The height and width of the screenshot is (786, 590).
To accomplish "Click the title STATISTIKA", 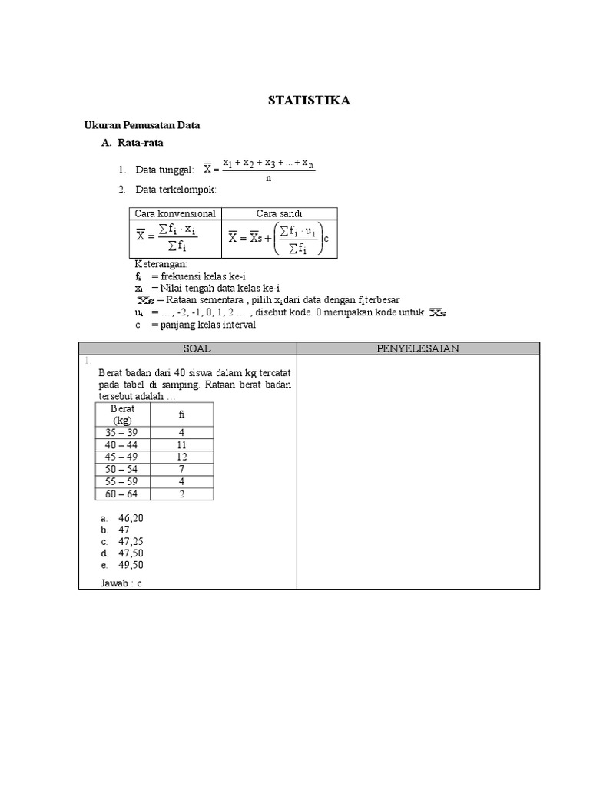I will (x=308, y=101).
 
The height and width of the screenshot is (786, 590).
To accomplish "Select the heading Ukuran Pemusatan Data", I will (x=141, y=124).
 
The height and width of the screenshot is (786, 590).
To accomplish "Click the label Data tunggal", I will (x=164, y=169).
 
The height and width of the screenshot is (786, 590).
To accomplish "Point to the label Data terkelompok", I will (x=176, y=189).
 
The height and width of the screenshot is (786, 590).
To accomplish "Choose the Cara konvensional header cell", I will (x=175, y=213).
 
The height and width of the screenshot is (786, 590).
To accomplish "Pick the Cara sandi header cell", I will (x=280, y=213).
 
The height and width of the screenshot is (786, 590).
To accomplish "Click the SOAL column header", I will (x=187, y=348).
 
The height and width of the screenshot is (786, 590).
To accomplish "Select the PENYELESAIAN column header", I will (x=418, y=348).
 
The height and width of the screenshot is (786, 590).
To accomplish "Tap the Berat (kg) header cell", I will (x=123, y=414).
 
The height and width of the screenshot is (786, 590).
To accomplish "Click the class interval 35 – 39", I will (x=123, y=433).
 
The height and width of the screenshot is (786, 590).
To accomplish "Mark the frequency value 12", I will (x=182, y=457).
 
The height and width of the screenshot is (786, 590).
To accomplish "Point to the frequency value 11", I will (x=182, y=445).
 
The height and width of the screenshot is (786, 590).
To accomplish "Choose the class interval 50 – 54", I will (x=123, y=469).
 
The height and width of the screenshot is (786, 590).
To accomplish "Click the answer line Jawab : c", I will (x=121, y=583).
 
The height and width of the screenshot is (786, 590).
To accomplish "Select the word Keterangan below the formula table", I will (x=155, y=264).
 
